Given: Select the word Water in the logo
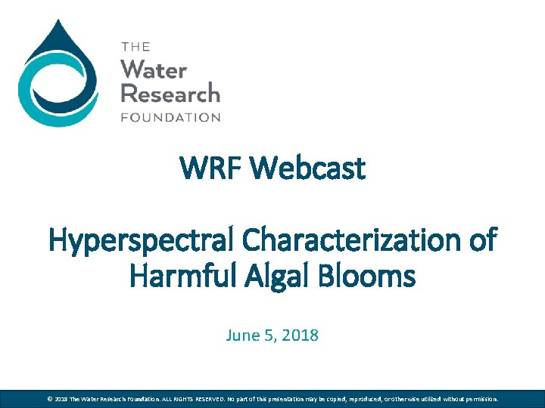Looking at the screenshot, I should tap(154, 70).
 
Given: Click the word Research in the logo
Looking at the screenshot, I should tap(170, 94).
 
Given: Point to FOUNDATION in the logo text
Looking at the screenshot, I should tap(170, 117).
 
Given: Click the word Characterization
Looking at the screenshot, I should tap(345, 241).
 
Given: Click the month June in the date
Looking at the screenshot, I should tap(241, 335).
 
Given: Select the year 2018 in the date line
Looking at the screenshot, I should tap(301, 335).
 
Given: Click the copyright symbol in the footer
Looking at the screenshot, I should tap(49, 398).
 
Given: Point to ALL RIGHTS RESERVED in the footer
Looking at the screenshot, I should tap(192, 398).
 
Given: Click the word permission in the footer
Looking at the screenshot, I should tap(477, 398).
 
